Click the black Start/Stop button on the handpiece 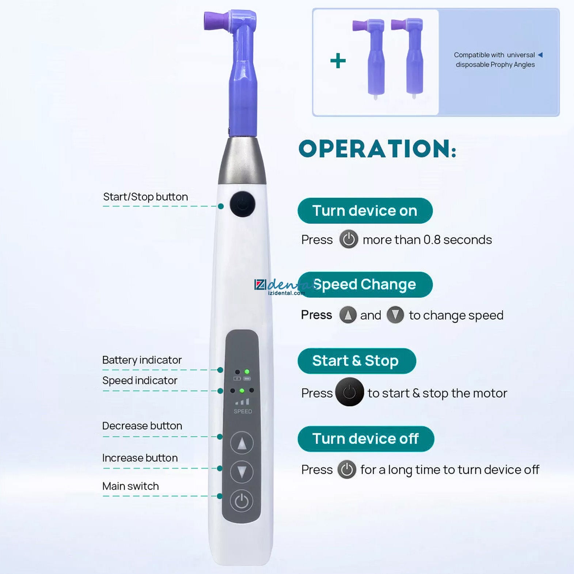(x=242, y=204)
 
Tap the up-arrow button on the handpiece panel (x=242, y=443)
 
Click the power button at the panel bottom (x=242, y=501)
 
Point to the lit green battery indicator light (x=247, y=372)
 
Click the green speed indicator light (x=242, y=391)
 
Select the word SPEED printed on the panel (x=243, y=411)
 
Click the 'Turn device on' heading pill (x=365, y=211)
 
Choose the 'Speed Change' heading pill (x=365, y=285)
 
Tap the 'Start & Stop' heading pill (x=357, y=361)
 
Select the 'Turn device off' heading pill (x=366, y=439)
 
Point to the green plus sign (x=338, y=61)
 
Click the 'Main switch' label (x=130, y=486)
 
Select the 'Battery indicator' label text (x=142, y=360)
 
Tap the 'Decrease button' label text (x=142, y=426)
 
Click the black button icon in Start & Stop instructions (x=349, y=392)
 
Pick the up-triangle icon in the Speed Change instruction (x=348, y=315)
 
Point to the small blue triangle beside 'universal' (x=540, y=55)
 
